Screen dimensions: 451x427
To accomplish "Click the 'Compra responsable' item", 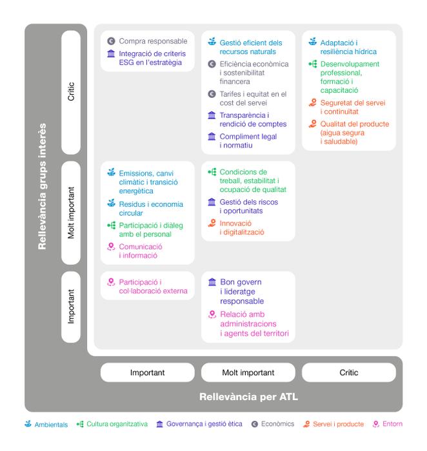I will click(x=153, y=41).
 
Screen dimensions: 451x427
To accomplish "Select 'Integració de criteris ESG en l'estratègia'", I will click(x=150, y=58).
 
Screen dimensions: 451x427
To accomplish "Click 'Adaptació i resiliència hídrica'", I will click(x=348, y=46).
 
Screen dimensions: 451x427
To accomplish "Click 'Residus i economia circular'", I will click(x=151, y=208).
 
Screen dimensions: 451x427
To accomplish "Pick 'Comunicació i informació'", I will click(x=141, y=251).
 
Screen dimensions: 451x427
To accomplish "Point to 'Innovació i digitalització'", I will click(x=242, y=227).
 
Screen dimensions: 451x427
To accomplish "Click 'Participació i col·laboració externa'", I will click(x=153, y=286).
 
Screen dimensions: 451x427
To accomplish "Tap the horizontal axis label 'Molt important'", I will click(x=248, y=372).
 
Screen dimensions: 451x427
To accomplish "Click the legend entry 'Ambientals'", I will click(x=50, y=424).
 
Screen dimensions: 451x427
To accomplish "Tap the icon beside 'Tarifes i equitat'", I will click(x=212, y=94).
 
